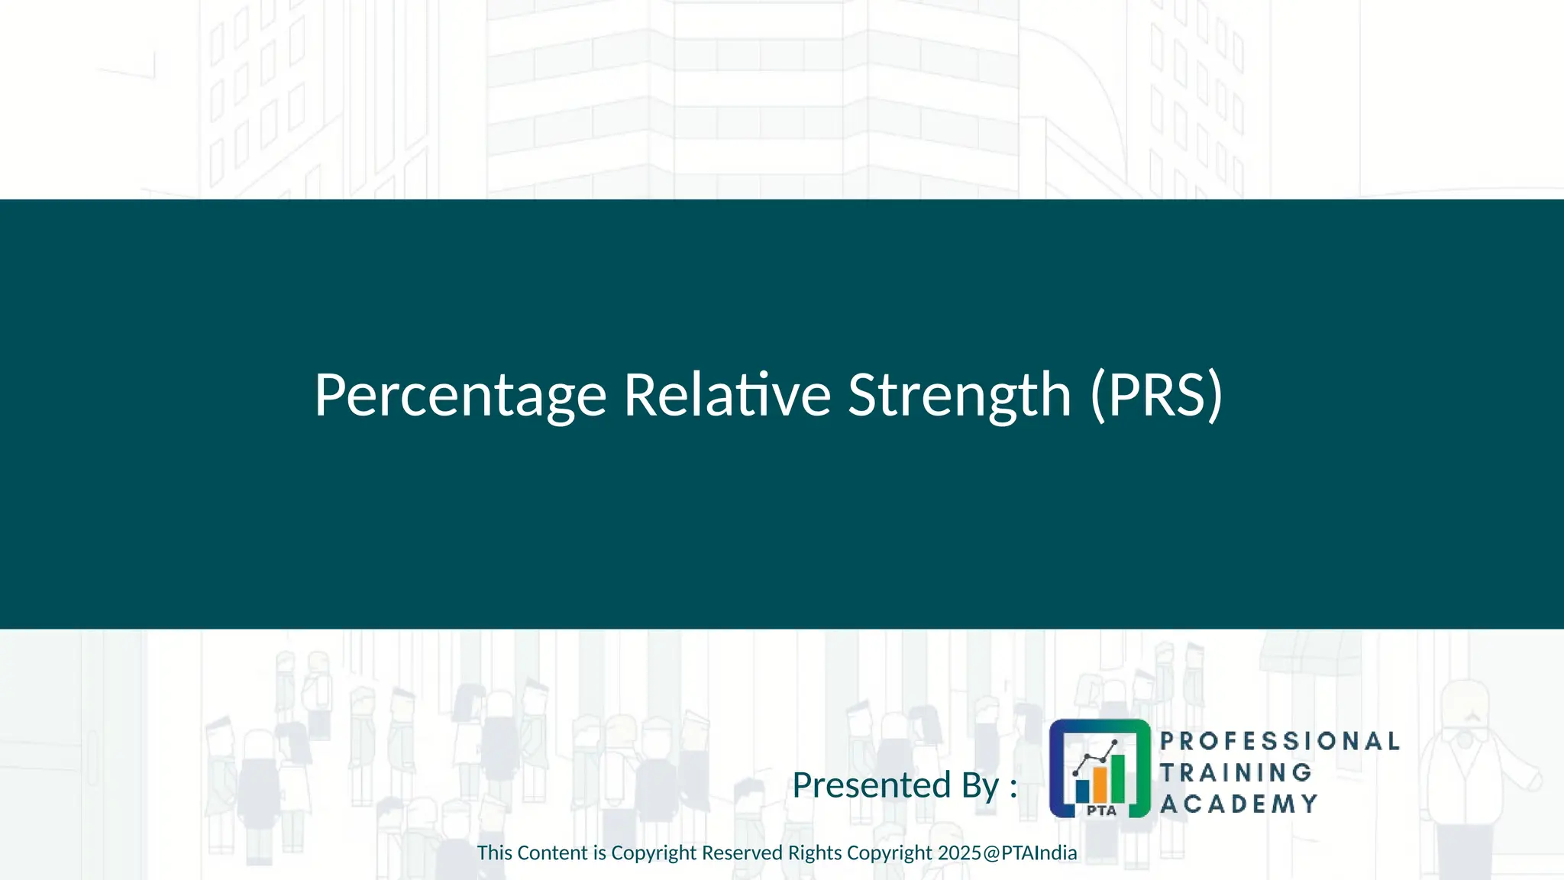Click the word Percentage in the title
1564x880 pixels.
(x=460, y=396)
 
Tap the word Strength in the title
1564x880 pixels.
(x=959, y=396)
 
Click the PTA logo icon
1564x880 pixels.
(x=1099, y=768)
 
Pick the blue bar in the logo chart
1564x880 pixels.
(x=1082, y=791)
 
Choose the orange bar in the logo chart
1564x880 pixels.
(x=1100, y=783)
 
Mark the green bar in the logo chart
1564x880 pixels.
(x=1117, y=776)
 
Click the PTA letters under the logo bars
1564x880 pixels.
(x=1101, y=810)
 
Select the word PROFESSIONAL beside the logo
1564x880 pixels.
(x=1279, y=741)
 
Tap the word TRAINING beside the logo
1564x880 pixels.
(x=1236, y=772)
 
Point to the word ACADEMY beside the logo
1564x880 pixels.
(x=1239, y=804)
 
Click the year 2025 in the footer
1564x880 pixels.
(x=959, y=853)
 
